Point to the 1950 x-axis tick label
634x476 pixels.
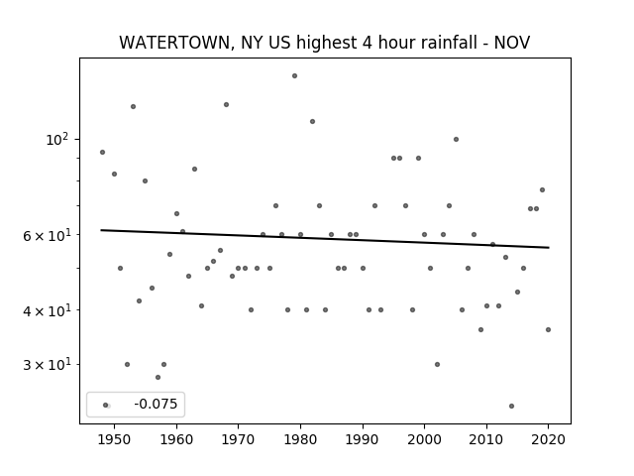click(114, 439)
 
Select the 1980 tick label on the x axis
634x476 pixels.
click(300, 439)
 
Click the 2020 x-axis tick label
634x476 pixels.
click(548, 439)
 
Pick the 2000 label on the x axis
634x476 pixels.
click(424, 439)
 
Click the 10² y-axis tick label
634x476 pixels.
click(57, 140)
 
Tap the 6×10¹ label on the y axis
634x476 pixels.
click(47, 235)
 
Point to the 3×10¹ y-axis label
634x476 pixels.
click(47, 365)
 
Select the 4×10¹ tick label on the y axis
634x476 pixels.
click(47, 310)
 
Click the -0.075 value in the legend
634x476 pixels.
click(156, 404)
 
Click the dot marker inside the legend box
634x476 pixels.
click(106, 405)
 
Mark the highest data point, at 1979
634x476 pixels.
click(295, 75)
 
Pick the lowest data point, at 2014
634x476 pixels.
click(511, 406)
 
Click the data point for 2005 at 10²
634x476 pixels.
click(456, 139)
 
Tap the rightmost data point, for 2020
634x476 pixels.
click(548, 329)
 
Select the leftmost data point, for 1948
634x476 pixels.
click(102, 152)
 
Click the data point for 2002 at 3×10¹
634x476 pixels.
click(437, 364)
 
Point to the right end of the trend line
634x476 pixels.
click(549, 247)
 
